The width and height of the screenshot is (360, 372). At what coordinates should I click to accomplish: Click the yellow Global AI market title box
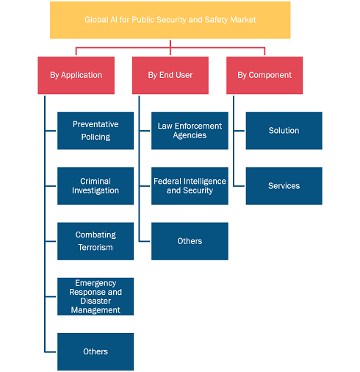click(170, 20)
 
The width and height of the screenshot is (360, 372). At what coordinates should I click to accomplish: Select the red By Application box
click(76, 75)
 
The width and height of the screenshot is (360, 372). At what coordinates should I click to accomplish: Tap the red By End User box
click(170, 75)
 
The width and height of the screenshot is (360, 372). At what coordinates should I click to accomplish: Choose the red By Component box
click(264, 75)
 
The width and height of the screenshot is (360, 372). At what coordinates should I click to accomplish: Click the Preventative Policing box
click(96, 131)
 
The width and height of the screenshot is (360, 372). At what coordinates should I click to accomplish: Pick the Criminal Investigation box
click(96, 186)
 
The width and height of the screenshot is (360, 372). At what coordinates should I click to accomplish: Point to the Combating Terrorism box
click(96, 241)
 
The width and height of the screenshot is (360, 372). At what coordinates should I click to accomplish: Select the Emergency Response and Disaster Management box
click(96, 296)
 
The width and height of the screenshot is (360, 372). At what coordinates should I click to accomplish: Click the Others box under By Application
click(96, 351)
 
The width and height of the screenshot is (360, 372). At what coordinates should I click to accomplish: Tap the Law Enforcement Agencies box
click(190, 131)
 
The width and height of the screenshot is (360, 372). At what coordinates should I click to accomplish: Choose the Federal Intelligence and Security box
click(190, 186)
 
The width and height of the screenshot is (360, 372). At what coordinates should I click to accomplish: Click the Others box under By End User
click(190, 241)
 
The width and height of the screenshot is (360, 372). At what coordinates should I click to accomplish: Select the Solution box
click(284, 131)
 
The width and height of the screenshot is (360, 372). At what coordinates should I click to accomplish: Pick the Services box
click(284, 186)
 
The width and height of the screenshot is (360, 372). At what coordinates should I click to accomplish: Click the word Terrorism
click(96, 248)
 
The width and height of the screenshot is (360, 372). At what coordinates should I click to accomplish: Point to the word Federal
click(168, 181)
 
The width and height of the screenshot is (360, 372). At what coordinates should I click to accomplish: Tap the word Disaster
click(96, 301)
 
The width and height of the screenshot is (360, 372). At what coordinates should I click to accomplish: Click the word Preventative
click(96, 124)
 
